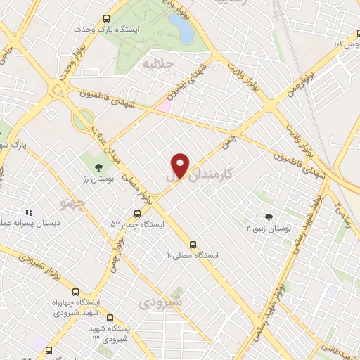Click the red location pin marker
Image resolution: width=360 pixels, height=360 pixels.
[x=181, y=165]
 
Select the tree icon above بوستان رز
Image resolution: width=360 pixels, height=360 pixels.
[x=98, y=167]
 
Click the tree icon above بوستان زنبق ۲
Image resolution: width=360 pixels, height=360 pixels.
[x=268, y=217]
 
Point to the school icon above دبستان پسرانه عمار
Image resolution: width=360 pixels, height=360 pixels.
[x=29, y=212]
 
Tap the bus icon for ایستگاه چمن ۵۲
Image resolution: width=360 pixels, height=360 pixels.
[x=137, y=214]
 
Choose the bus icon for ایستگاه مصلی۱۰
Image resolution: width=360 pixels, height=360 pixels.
[x=193, y=245]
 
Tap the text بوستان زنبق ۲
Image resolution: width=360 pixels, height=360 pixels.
[x=268, y=229]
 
